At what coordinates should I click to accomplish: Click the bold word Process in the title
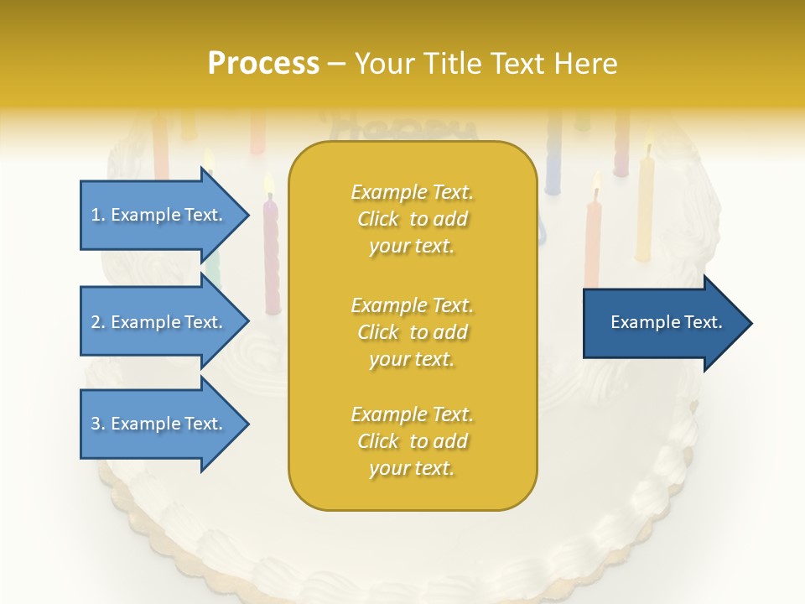point(263,64)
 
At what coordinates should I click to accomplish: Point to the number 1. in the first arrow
point(98,215)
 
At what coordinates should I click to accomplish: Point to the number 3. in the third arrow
point(98,424)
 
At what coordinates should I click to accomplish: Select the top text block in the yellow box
point(413,219)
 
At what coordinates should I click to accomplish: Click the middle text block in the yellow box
point(413,332)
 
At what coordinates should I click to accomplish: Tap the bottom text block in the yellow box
point(413,441)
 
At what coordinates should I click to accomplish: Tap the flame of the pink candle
point(269,183)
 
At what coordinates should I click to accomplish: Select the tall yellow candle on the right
point(645,210)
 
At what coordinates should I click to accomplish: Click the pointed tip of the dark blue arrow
point(750,323)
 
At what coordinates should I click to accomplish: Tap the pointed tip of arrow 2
point(247,322)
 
